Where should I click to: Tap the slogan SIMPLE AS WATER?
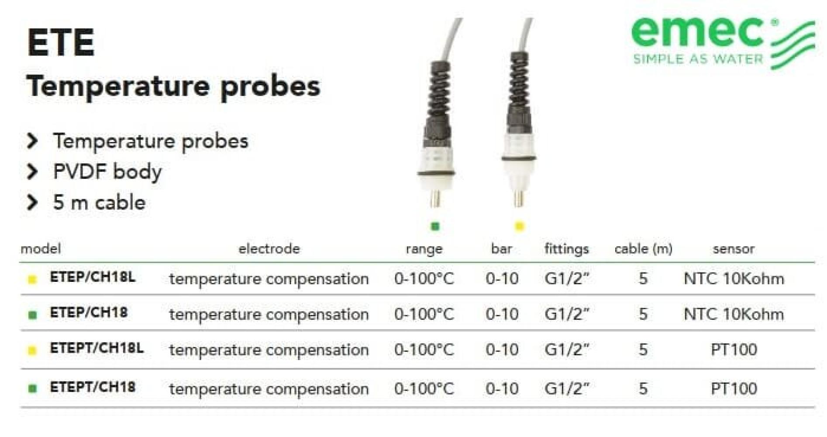click(x=698, y=59)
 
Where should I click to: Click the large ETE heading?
click(x=61, y=43)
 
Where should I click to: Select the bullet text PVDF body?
click(x=107, y=171)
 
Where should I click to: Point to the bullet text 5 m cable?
click(x=99, y=202)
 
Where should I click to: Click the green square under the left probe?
click(x=435, y=226)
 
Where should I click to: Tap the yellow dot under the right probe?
click(x=519, y=226)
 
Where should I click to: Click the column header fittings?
click(x=566, y=249)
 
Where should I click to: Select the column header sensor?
click(x=734, y=249)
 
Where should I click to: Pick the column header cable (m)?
click(x=643, y=249)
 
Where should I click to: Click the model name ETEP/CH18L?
click(x=93, y=277)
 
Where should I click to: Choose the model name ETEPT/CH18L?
click(x=96, y=348)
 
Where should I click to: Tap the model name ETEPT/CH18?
click(x=93, y=387)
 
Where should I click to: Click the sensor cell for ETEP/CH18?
click(x=734, y=314)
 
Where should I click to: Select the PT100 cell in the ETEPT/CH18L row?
click(x=734, y=350)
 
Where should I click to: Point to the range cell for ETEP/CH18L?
click(x=424, y=278)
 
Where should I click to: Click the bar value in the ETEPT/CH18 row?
click(x=502, y=388)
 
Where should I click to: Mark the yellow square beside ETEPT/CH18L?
click(x=32, y=350)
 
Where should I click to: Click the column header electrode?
click(x=269, y=249)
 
